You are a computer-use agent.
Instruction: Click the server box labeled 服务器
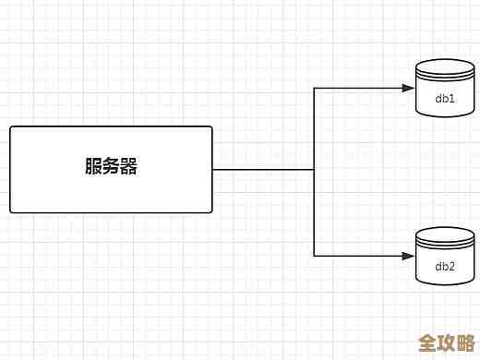[x=111, y=169]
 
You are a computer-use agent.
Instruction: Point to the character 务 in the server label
[x=111, y=168]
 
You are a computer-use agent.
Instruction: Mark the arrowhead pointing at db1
[x=407, y=88]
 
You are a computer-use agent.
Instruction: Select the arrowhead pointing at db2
[x=407, y=256]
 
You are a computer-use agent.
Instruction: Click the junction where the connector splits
[x=314, y=169]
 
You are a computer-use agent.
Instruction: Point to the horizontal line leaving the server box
[x=263, y=169]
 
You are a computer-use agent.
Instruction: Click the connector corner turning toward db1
[x=314, y=88]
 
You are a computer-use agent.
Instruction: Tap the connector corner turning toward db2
[x=314, y=256]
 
